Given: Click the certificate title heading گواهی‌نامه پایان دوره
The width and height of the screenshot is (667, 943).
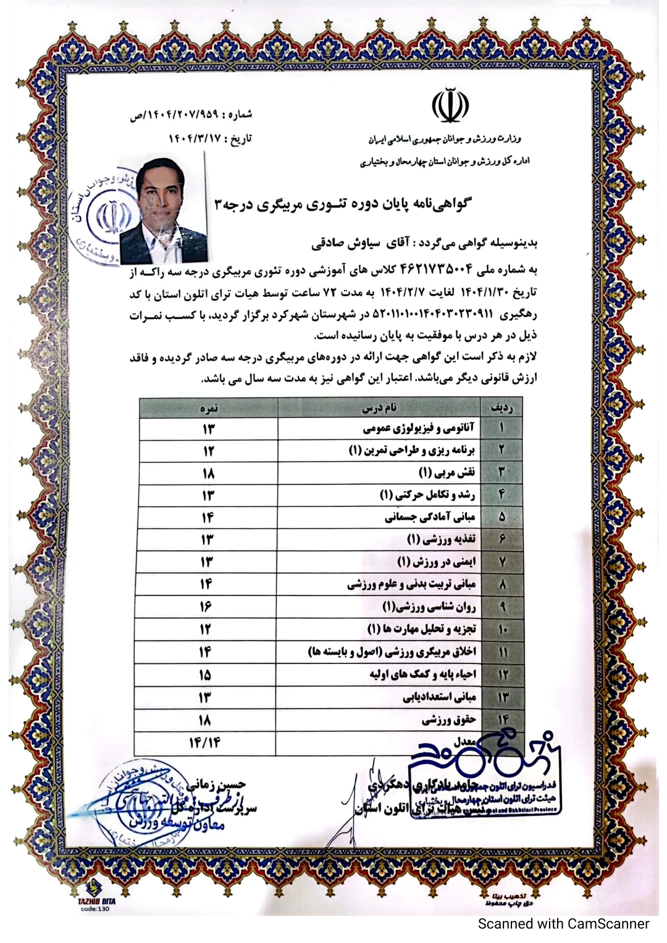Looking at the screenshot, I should tap(342, 204).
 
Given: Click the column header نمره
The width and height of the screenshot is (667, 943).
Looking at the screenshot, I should tap(209, 409).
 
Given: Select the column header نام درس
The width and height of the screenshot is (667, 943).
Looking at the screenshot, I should tap(379, 409).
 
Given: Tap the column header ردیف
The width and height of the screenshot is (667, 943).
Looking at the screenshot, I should tap(501, 409).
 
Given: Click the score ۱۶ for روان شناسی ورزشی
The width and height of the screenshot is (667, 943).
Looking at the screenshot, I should tap(206, 607).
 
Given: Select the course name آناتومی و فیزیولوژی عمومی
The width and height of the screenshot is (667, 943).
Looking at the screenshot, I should tap(419, 428).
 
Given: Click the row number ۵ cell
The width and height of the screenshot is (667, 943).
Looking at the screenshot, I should tap(501, 517).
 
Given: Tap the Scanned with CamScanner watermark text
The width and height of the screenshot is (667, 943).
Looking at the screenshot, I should tap(563, 924).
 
